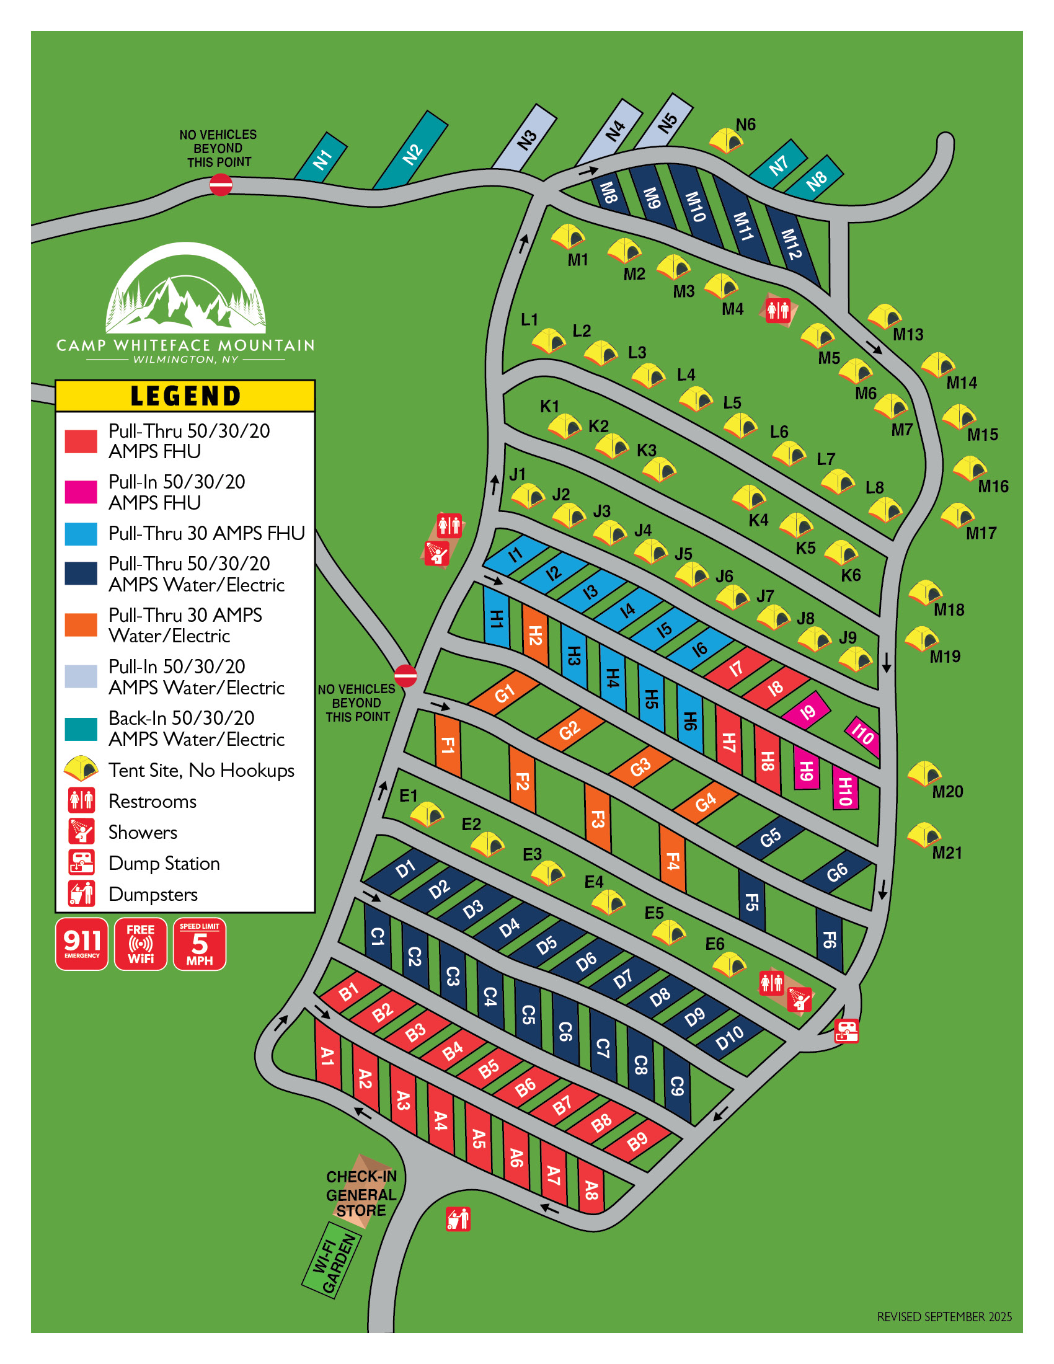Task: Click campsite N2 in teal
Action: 411,151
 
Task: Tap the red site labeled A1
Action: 327,1055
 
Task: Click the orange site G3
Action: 640,766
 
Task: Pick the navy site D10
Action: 729,1037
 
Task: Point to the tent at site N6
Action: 726,140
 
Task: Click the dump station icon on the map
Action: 847,1030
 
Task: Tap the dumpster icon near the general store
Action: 458,1218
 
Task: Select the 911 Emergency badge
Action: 82,944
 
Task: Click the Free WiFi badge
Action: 141,944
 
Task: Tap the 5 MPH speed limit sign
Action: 199,944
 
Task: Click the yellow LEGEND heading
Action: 185,396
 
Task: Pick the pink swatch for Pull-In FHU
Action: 81,492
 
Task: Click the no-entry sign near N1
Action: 221,185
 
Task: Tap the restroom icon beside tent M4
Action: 778,309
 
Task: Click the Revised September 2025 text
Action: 944,1316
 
